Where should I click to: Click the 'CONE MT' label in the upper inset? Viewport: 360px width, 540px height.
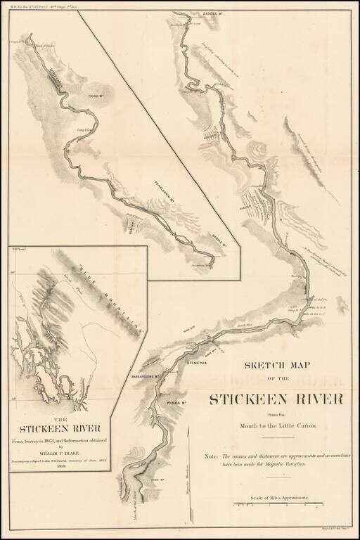(x=96, y=98)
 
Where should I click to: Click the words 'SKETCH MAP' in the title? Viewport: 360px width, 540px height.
(x=276, y=365)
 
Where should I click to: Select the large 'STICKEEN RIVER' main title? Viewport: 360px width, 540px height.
(x=276, y=399)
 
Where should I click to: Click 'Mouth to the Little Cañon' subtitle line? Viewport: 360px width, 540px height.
(x=276, y=426)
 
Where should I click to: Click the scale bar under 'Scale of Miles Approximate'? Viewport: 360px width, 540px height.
(x=281, y=504)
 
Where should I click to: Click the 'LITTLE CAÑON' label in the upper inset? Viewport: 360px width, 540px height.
(x=54, y=83)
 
